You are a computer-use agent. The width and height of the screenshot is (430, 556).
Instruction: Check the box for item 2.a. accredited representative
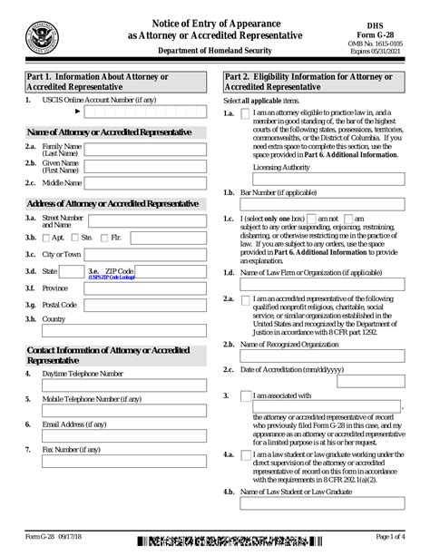click(246, 300)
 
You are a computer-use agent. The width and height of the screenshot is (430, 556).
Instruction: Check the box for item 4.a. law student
click(246, 454)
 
